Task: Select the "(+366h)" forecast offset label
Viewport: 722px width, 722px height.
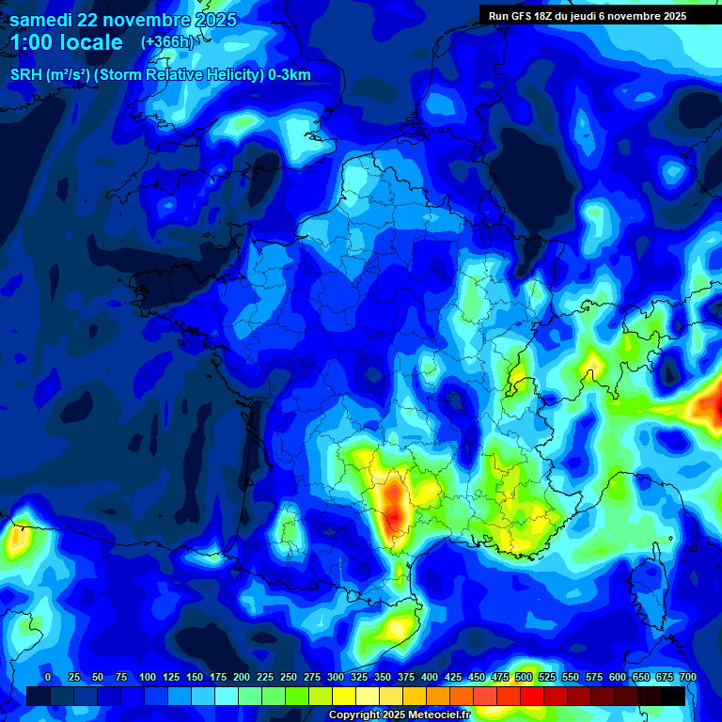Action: (166, 41)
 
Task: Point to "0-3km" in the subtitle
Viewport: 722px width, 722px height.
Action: (290, 75)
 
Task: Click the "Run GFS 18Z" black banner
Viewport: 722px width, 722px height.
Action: (588, 16)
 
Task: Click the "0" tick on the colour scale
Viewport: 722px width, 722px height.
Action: (48, 677)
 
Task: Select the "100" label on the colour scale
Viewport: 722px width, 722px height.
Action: (147, 677)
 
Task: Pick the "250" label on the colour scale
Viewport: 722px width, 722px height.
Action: (288, 677)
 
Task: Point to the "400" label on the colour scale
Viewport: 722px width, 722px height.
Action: (429, 677)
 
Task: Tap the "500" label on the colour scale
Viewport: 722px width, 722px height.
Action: (523, 677)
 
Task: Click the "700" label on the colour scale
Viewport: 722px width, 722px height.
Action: (687, 677)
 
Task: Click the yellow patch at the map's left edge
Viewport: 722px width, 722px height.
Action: (16, 540)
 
